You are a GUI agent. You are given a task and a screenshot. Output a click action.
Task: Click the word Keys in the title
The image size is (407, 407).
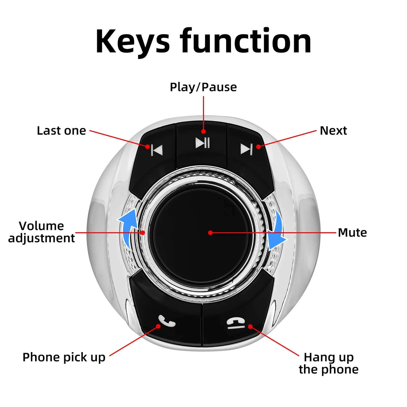coord(132,42)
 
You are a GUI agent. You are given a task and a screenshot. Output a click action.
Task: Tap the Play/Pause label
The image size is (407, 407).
coord(203,87)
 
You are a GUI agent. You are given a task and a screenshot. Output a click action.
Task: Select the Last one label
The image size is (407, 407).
coord(61,131)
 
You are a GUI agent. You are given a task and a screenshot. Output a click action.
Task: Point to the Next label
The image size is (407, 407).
coord(333,131)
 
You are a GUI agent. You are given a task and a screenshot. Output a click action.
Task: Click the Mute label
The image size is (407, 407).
coord(352,232)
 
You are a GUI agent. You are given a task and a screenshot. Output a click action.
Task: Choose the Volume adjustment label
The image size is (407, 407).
coord(41,232)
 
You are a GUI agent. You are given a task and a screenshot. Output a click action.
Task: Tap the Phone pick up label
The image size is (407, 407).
coord(64,357)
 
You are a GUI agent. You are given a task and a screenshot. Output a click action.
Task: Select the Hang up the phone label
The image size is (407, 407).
coord(328,363)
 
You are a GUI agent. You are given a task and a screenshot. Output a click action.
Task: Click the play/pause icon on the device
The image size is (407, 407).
coord(202,143)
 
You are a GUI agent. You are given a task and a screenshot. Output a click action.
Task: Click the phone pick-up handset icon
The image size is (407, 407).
coord(167,321)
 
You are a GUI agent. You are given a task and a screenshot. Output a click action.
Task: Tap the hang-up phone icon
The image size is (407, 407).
coord(235,323)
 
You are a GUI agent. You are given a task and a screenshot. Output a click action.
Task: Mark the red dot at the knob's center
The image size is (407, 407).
coord(210,232)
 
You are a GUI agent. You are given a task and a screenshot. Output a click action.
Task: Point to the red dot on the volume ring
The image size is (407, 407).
coord(143,232)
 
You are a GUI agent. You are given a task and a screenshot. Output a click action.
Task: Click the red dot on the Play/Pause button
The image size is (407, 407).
coord(203,132)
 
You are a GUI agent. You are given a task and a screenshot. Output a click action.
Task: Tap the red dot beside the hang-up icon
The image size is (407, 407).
coord(250,326)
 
